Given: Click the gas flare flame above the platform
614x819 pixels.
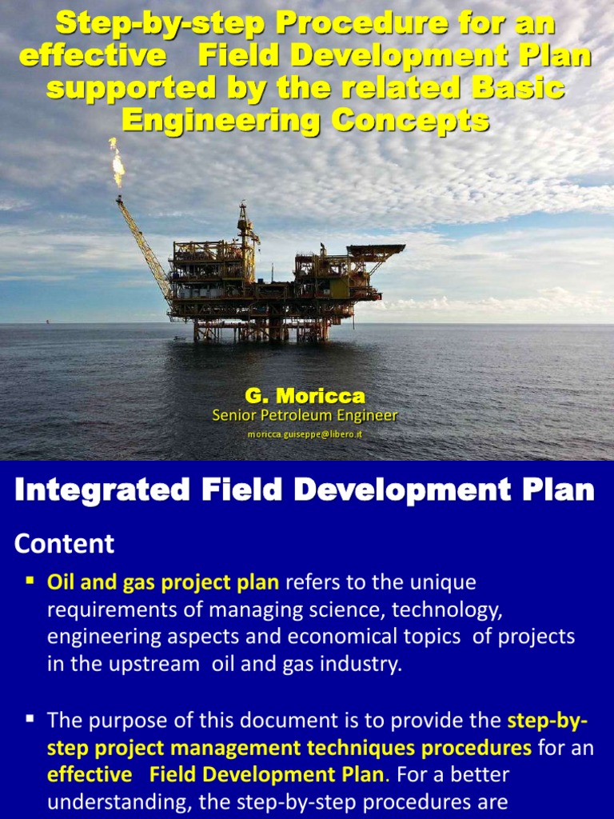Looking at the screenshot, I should tap(117, 162).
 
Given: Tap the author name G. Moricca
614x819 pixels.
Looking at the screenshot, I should tap(305, 396).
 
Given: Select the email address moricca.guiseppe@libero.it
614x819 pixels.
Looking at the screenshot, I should tap(305, 433).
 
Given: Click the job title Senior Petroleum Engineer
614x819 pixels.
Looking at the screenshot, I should tap(305, 415).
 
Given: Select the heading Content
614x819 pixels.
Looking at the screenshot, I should tap(65, 544).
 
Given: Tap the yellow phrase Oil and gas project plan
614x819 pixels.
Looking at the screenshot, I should tap(163, 582).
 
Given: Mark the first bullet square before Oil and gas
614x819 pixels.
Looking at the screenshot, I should tap(30, 578).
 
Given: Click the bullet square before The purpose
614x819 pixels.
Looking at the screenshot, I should tap(30, 719).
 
